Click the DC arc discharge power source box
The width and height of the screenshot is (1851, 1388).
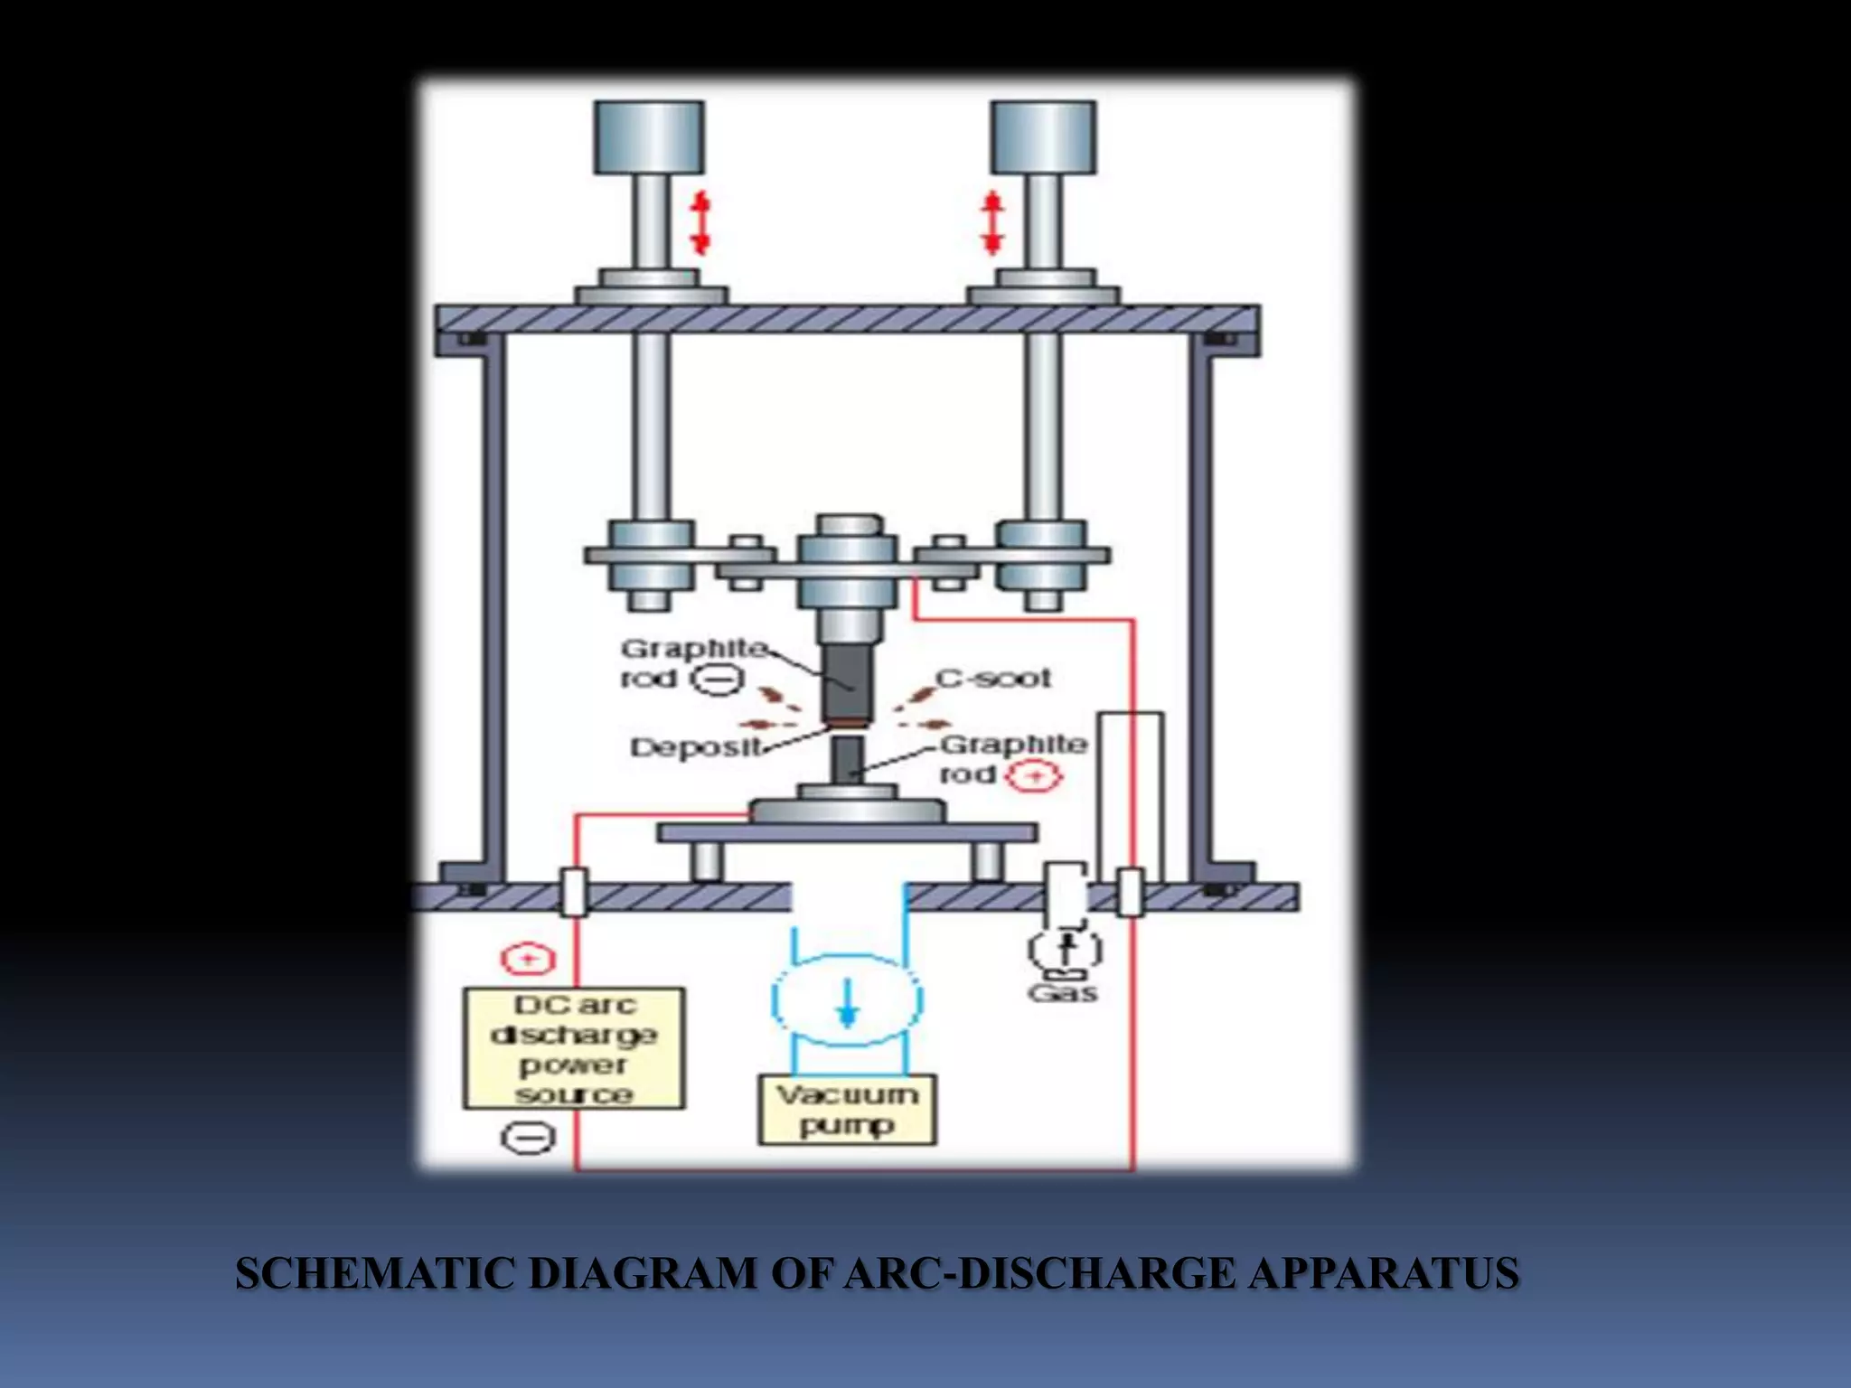point(574,1048)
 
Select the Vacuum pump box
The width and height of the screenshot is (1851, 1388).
point(847,1110)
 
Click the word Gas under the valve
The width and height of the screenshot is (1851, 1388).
point(1063,993)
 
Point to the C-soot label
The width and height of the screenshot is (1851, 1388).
point(993,678)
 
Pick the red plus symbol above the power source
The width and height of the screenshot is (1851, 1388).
point(528,959)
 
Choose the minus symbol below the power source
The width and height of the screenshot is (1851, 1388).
point(528,1137)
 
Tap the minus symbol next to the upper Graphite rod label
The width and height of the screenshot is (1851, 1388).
point(719,679)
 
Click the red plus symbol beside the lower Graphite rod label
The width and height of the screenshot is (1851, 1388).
point(1036,775)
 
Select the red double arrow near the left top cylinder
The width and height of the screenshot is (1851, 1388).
point(700,222)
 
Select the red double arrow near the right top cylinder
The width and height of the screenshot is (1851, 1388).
point(992,222)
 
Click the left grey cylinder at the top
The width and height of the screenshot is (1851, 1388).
point(649,137)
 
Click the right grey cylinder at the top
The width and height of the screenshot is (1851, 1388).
point(1044,137)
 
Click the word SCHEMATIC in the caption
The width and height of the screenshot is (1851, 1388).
point(376,1273)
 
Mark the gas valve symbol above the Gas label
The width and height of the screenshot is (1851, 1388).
point(1066,949)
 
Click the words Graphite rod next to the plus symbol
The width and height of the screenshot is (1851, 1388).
point(1008,758)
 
